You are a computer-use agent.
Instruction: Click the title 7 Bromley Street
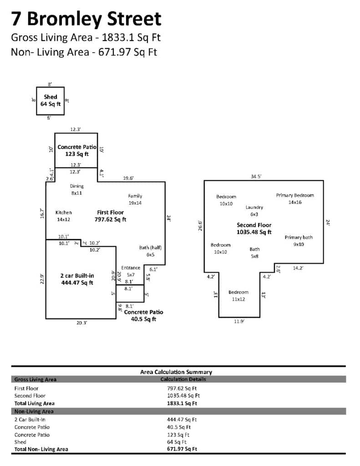pyautogui.click(x=86, y=19)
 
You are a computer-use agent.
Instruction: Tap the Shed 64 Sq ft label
pyautogui.click(x=50, y=101)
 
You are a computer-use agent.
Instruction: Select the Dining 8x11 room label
pyautogui.click(x=77, y=190)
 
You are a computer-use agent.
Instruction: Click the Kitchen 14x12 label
pyautogui.click(x=64, y=216)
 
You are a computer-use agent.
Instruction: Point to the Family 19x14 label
pyautogui.click(x=135, y=199)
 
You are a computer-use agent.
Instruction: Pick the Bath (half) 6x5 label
pyautogui.click(x=151, y=251)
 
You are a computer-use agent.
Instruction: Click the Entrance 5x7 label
pyautogui.click(x=131, y=271)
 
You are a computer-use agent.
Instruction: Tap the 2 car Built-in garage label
pyautogui.click(x=77, y=279)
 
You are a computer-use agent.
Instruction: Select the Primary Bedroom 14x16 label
pyautogui.click(x=295, y=199)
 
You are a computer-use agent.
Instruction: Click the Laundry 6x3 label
pyautogui.click(x=254, y=211)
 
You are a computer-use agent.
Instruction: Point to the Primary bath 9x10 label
pyautogui.click(x=299, y=241)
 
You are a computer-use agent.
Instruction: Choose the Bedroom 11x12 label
pyautogui.click(x=238, y=296)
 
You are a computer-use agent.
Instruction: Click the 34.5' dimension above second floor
pyautogui.click(x=256, y=177)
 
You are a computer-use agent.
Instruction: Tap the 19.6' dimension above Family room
pyautogui.click(x=128, y=178)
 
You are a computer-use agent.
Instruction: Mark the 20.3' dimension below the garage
pyautogui.click(x=82, y=323)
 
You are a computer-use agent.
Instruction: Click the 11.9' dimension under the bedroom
pyautogui.click(x=239, y=322)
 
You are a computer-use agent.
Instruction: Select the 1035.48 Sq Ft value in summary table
pyautogui.click(x=183, y=396)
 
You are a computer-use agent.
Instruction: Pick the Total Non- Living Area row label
pyautogui.click(x=41, y=449)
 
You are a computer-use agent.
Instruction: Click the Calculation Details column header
pyautogui.click(x=183, y=379)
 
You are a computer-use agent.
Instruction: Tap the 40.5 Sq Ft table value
pyautogui.click(x=179, y=427)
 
